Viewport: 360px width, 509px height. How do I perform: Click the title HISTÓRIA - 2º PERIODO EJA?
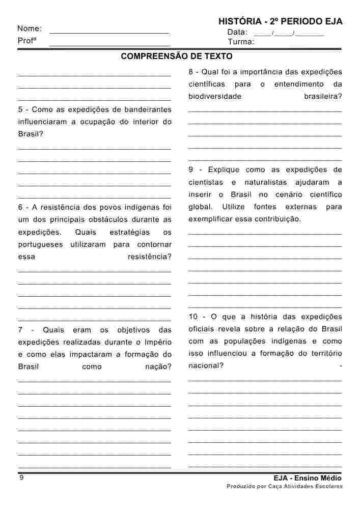pyautogui.click(x=280, y=21)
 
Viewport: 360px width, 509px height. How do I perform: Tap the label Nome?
pyautogui.click(x=30, y=29)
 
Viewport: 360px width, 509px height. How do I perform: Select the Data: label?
pyautogui.click(x=237, y=32)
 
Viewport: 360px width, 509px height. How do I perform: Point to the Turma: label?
pyautogui.click(x=241, y=42)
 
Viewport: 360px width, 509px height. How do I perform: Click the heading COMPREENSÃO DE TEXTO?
pyautogui.click(x=177, y=56)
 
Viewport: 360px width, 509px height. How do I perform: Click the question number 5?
pyautogui.click(x=20, y=109)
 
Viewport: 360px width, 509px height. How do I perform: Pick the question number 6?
pyautogui.click(x=20, y=207)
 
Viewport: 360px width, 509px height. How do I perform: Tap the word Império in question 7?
pyautogui.click(x=159, y=342)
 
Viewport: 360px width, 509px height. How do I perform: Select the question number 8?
pyautogui.click(x=191, y=72)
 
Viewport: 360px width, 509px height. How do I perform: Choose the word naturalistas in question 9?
pyautogui.click(x=266, y=182)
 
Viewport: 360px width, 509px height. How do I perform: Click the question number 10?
pyautogui.click(x=193, y=317)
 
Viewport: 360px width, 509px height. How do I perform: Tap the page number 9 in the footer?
pyautogui.click(x=21, y=477)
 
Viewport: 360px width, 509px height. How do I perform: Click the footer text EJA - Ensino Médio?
pyautogui.click(x=307, y=478)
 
